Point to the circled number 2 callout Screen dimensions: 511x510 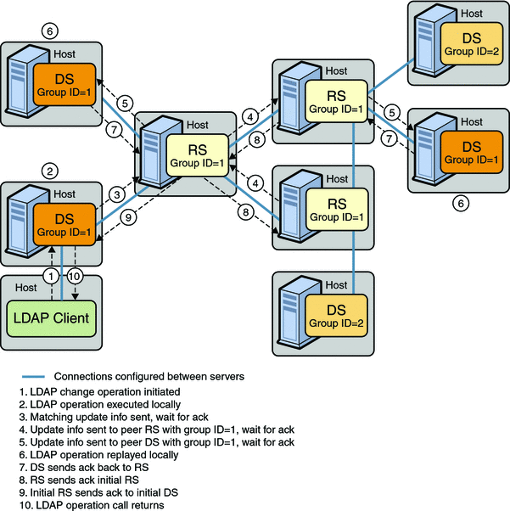(51, 171)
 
